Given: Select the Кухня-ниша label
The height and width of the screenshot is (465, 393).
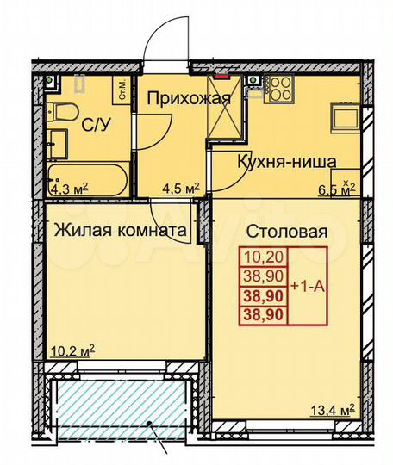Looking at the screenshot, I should (x=286, y=160).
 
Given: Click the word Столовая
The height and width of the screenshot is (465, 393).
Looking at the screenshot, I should (x=288, y=231).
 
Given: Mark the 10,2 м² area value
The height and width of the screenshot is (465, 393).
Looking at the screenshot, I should (x=73, y=351).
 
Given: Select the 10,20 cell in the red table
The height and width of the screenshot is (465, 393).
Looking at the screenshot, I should (x=266, y=256).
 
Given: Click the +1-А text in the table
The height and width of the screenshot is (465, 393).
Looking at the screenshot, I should (x=309, y=285).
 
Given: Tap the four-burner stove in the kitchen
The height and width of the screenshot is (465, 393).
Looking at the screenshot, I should (x=280, y=87).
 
